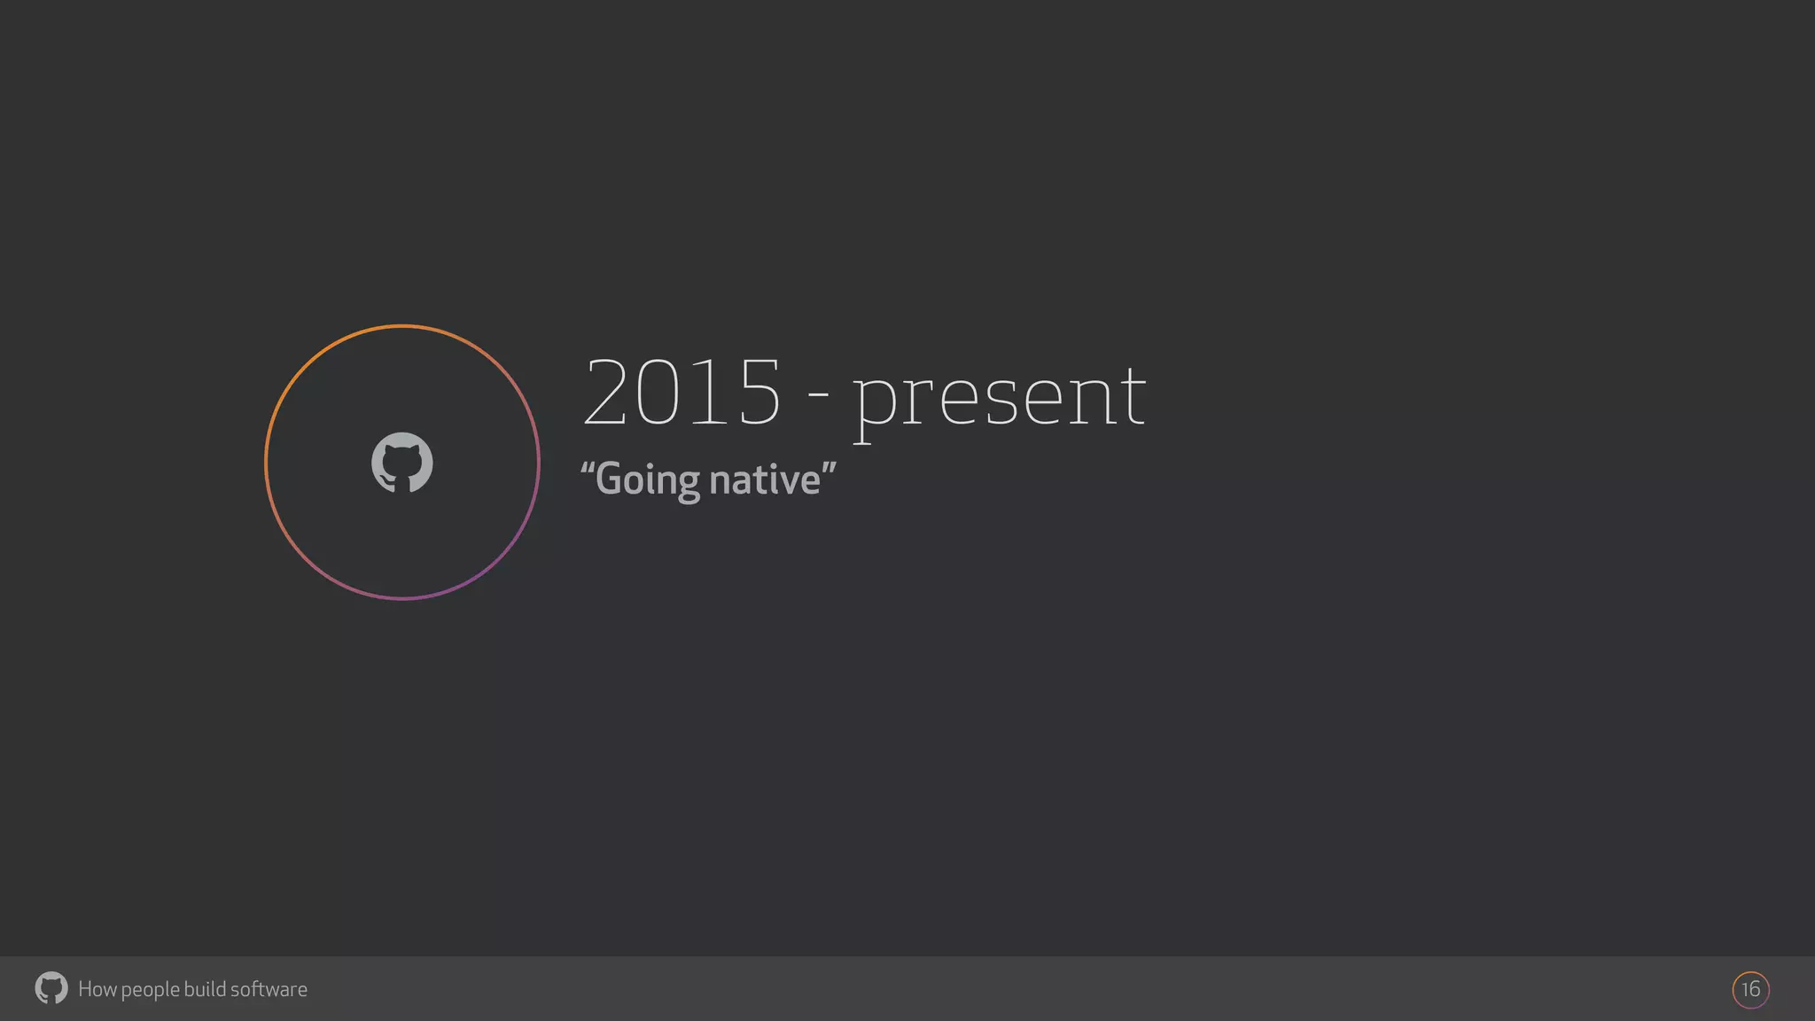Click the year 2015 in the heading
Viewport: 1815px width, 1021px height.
click(682, 392)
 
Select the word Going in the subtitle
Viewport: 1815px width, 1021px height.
click(648, 480)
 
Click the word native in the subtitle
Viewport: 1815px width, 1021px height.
click(765, 479)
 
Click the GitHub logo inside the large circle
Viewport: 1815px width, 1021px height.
click(401, 462)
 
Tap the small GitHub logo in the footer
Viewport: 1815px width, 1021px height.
click(51, 988)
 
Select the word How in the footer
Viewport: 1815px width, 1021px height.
click(97, 989)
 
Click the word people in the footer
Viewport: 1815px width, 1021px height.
click(150, 990)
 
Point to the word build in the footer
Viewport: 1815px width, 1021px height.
click(204, 989)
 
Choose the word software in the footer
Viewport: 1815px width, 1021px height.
click(269, 989)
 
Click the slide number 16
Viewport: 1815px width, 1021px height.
click(1750, 989)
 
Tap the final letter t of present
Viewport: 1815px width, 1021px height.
click(1130, 395)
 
